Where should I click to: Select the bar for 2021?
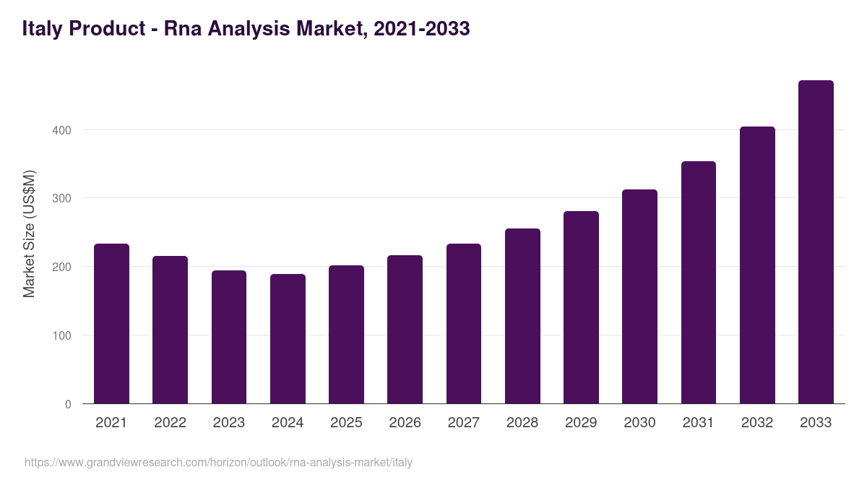111,324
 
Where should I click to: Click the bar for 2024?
288,339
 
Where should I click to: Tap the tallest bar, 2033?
816,242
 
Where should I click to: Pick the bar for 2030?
639,296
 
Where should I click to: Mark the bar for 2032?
757,265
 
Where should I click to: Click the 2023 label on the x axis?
228,423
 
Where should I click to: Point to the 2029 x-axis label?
581,423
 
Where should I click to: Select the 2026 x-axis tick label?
405,423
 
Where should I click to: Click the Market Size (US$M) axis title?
29,233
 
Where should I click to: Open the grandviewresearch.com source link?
218,462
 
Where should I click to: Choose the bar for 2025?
346,335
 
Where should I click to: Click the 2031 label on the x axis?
699,423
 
